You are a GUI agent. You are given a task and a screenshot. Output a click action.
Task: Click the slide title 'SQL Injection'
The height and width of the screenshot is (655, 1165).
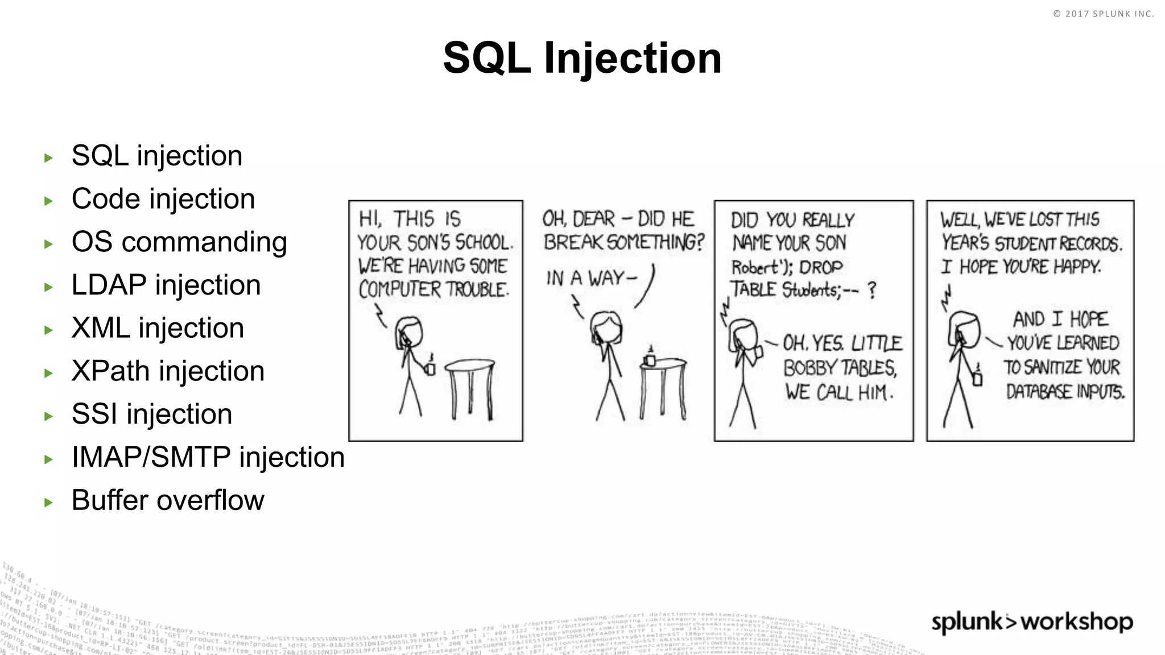[582, 58]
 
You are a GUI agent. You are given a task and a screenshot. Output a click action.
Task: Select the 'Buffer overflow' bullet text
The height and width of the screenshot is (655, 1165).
[168, 500]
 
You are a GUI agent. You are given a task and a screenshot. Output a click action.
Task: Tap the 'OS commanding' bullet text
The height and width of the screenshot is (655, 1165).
[179, 242]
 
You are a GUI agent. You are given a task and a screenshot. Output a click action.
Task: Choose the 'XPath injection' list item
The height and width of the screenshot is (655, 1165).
[168, 371]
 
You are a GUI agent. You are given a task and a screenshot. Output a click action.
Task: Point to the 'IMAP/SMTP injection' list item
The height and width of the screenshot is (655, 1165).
[208, 458]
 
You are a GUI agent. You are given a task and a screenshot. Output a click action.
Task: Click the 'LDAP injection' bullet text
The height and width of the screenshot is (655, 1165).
[166, 285]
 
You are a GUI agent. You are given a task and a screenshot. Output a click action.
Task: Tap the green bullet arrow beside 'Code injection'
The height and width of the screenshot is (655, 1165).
[48, 201]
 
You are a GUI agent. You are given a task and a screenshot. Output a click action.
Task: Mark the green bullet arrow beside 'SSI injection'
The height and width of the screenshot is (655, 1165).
[48, 416]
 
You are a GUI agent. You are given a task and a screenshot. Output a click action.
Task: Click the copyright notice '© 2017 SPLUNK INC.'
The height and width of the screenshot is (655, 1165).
[1103, 14]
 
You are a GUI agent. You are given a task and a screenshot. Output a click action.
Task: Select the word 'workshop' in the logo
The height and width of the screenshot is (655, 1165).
[1076, 621]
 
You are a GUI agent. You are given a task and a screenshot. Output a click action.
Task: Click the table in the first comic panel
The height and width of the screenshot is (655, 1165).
[470, 387]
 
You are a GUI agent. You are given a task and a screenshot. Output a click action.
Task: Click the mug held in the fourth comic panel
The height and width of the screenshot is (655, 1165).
[977, 378]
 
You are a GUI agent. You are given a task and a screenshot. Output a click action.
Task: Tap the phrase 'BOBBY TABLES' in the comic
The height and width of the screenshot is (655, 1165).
[840, 368]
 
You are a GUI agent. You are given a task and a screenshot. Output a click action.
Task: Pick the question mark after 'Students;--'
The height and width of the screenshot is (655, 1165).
[871, 291]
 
